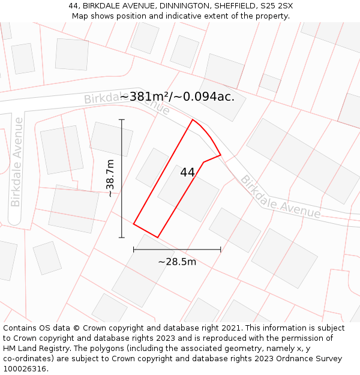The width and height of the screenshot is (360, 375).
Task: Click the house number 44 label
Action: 187,172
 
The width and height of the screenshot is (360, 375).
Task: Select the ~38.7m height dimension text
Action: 110,178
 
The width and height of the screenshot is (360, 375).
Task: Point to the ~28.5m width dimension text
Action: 177,262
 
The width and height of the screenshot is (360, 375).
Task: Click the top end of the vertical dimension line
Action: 122,120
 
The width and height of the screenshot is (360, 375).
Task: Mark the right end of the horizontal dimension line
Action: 220,249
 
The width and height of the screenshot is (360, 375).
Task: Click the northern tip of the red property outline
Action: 192,120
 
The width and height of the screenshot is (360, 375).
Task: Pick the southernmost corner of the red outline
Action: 158,237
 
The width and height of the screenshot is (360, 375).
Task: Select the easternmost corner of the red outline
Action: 220,155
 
